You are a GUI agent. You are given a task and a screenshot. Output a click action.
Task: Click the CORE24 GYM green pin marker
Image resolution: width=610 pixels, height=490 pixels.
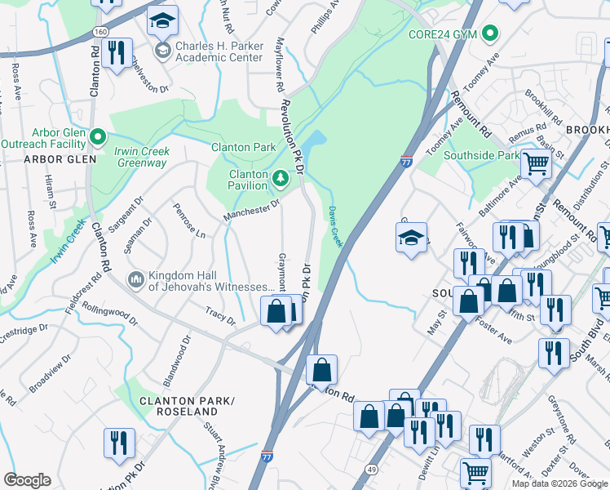(489, 34)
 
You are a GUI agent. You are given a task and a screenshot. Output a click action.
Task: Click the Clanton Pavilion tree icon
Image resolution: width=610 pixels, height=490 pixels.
(280, 177)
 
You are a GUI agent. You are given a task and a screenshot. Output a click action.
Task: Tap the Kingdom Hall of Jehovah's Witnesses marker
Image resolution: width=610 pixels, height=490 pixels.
(136, 280)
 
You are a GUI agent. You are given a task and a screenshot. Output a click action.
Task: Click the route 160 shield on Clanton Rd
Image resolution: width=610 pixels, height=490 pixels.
(99, 30)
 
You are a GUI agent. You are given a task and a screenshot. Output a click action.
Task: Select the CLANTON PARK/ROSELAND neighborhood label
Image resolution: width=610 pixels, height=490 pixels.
(187, 406)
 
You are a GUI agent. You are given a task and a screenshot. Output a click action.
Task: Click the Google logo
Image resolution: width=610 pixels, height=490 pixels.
(27, 480)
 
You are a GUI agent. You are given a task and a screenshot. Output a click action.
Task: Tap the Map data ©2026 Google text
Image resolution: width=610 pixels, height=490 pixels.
(559, 483)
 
